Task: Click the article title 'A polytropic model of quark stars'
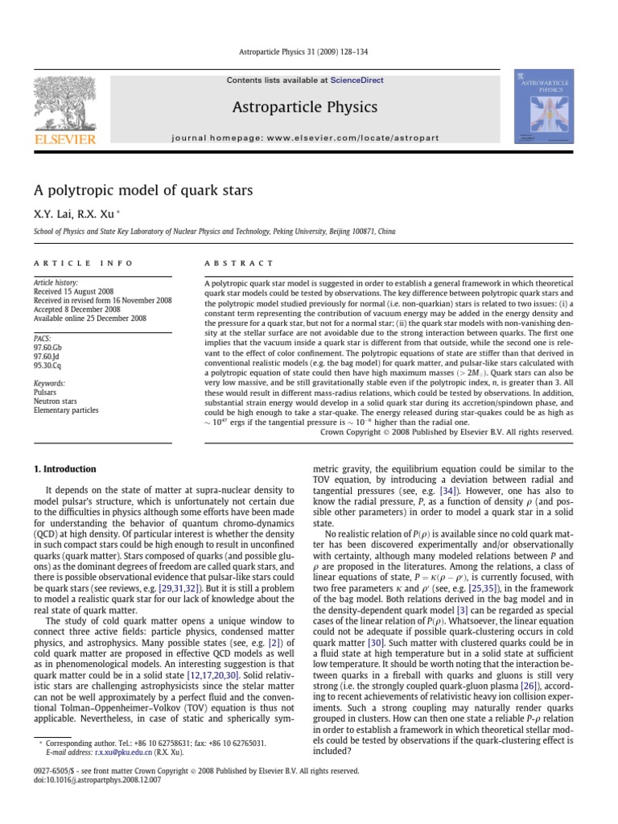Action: pos(143,191)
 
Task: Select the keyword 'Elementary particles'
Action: pos(65,410)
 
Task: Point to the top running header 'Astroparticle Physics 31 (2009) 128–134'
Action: pos(309,54)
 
